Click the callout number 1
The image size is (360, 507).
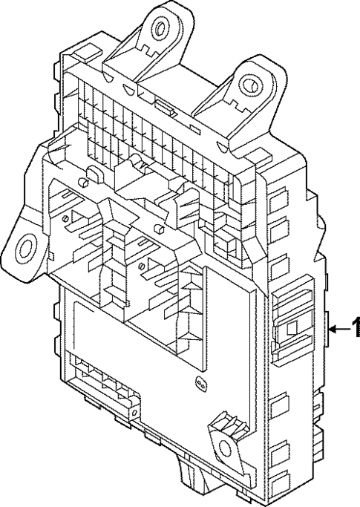tap(354, 327)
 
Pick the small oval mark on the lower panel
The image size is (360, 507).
tap(199, 383)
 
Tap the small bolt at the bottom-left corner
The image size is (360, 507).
tap(134, 409)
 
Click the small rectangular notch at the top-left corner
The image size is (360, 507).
tap(84, 53)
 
